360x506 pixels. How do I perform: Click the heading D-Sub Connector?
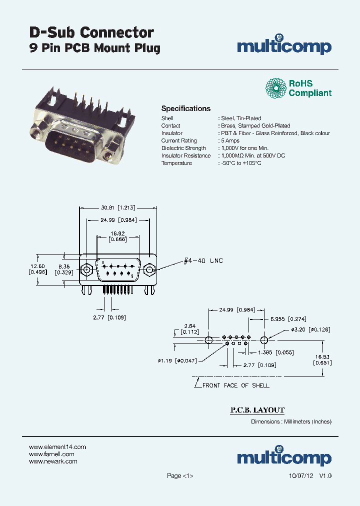pyautogui.click(x=91, y=32)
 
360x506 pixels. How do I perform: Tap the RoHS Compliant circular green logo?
pyautogui.click(x=276, y=88)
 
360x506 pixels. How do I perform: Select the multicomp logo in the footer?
pyautogui.click(x=283, y=456)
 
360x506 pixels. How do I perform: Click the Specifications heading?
pyautogui.click(x=185, y=108)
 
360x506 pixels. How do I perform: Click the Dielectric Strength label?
pyautogui.click(x=183, y=148)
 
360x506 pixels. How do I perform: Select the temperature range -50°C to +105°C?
pyautogui.click(x=241, y=163)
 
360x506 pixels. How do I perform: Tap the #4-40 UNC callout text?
pyautogui.click(x=203, y=261)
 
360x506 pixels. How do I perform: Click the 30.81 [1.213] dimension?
pyautogui.click(x=118, y=207)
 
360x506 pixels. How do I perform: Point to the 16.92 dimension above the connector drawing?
pyautogui.click(x=118, y=233)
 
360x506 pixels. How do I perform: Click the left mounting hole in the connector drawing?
pyautogui.click(x=86, y=270)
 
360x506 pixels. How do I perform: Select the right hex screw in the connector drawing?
pyautogui.click(x=149, y=270)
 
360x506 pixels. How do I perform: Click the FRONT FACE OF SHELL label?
pyautogui.click(x=235, y=385)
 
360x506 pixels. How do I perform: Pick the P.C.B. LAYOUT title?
pyautogui.click(x=257, y=410)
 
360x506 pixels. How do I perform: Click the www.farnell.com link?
pyautogui.click(x=51, y=454)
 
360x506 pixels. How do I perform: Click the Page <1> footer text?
pyautogui.click(x=180, y=476)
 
